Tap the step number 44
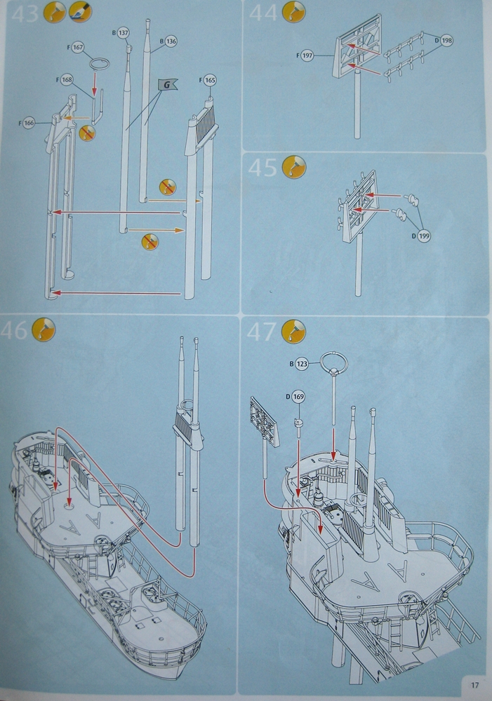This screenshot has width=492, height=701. pyautogui.click(x=265, y=14)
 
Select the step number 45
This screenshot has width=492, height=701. pyautogui.click(x=265, y=169)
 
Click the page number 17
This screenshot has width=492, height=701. pyautogui.click(x=474, y=684)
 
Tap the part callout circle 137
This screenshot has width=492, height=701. pyautogui.click(x=124, y=33)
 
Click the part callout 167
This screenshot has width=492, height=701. pyautogui.click(x=78, y=48)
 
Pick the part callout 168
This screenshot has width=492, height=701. pyautogui.click(x=67, y=80)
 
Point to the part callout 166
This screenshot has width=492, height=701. pyautogui.click(x=28, y=123)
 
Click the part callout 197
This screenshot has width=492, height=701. pyautogui.click(x=307, y=56)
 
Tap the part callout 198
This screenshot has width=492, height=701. pyautogui.click(x=446, y=41)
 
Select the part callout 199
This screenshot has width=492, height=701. pyautogui.click(x=423, y=236)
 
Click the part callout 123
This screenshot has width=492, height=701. pyautogui.click(x=302, y=365)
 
